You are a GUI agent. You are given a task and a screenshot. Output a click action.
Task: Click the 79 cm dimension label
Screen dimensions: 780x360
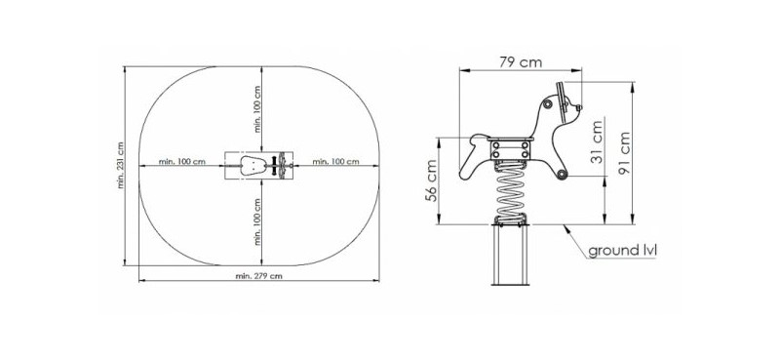[x=521, y=62]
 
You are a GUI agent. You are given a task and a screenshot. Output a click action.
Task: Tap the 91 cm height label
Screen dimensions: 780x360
[x=623, y=153]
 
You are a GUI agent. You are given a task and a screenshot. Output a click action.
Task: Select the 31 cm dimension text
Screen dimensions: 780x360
[x=597, y=141]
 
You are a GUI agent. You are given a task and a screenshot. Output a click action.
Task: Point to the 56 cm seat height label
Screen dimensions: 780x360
[x=431, y=180]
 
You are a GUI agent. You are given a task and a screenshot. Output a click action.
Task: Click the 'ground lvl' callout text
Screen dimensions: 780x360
[x=622, y=251]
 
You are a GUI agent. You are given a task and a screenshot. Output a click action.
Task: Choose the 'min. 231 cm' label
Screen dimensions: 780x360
[x=120, y=165]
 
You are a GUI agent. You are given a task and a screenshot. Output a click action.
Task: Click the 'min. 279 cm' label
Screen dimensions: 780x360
[x=258, y=276]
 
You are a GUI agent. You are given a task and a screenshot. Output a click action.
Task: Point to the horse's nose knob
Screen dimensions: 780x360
[x=578, y=107]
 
